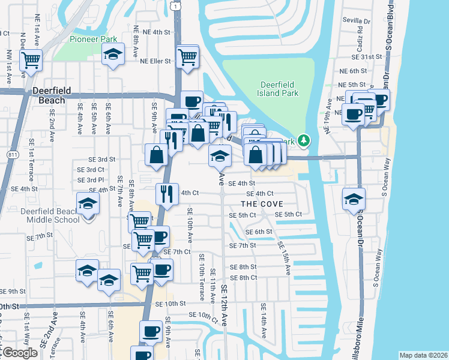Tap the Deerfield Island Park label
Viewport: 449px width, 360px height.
(282, 89)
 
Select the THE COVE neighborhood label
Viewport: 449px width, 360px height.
(263, 204)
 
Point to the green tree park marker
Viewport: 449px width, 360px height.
(304, 140)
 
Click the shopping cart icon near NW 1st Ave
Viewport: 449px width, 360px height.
(30, 59)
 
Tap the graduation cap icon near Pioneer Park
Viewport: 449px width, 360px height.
(113, 55)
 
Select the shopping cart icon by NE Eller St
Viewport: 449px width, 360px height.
(188, 57)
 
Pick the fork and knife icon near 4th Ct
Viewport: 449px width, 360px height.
(166, 194)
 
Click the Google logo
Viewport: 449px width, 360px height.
(19, 353)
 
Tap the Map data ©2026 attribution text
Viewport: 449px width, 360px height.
(423, 355)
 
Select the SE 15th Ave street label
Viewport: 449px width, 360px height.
(283, 257)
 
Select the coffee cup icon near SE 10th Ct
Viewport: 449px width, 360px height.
(151, 331)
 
